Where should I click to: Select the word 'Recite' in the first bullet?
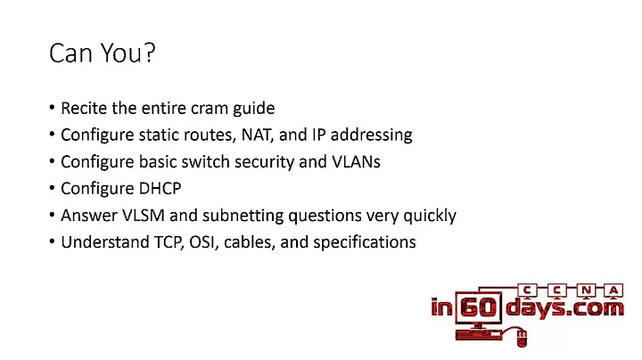[x=83, y=108]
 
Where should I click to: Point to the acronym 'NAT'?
[x=276, y=135]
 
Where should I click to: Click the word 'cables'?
[x=254, y=241]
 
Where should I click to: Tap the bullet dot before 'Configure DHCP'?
[x=52, y=189]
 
